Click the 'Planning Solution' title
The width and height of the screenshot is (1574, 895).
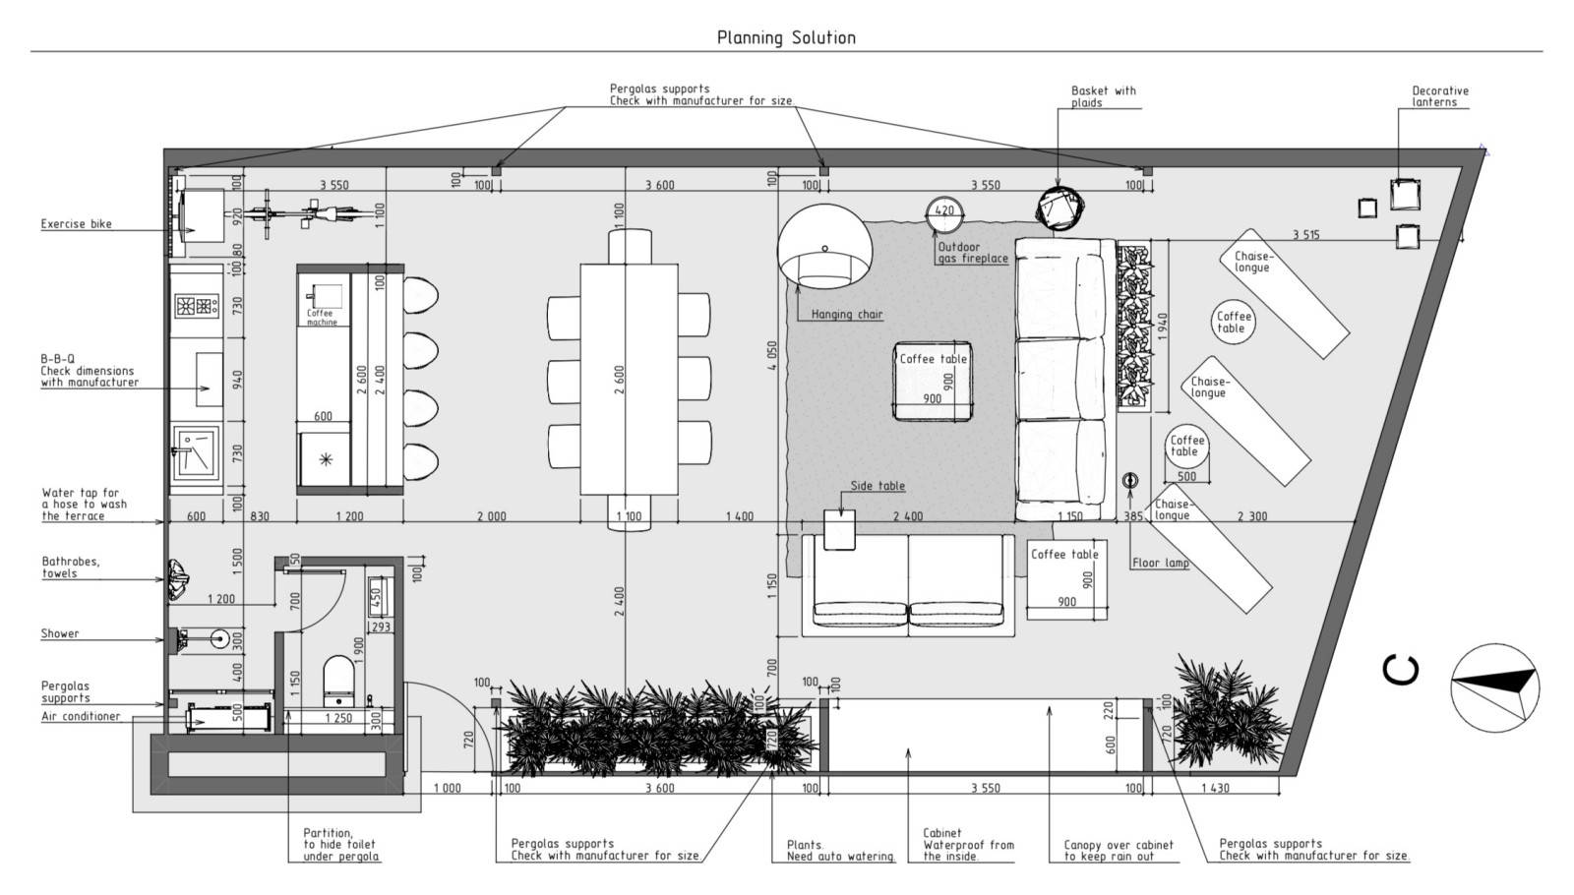click(x=786, y=38)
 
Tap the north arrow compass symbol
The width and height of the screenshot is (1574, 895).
click(x=1495, y=687)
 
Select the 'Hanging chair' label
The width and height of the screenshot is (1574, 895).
click(x=847, y=314)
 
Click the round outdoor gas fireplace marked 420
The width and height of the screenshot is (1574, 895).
click(x=944, y=214)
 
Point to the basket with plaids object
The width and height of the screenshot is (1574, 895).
click(x=1061, y=208)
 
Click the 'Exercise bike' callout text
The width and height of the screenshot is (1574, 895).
click(x=76, y=224)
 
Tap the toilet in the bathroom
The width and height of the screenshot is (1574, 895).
click(x=338, y=681)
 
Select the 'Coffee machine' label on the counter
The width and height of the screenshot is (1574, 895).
click(x=321, y=318)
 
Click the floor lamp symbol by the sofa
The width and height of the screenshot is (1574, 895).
click(x=1130, y=481)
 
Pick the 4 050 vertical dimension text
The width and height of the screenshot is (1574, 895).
click(x=772, y=355)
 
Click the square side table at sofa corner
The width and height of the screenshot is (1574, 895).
click(x=839, y=530)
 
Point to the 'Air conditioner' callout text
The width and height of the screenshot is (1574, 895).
click(x=81, y=717)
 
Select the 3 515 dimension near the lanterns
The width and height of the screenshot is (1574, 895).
click(x=1305, y=235)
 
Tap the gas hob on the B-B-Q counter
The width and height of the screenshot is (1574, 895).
click(x=197, y=306)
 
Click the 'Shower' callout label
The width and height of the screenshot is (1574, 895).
click(x=60, y=633)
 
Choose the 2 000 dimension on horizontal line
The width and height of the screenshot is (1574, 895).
click(x=491, y=516)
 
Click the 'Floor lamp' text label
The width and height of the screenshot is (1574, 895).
click(x=1160, y=563)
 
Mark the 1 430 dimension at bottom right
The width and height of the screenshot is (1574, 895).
click(x=1216, y=788)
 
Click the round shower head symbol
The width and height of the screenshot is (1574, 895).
click(x=220, y=638)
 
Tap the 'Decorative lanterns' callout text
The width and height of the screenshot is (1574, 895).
click(x=1440, y=96)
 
